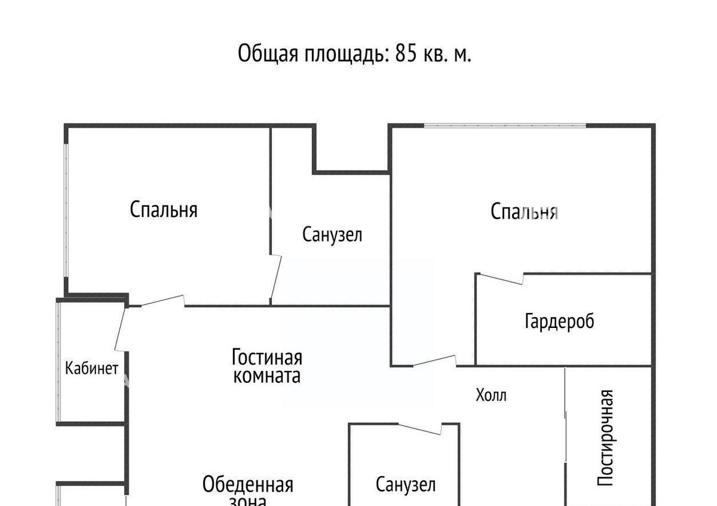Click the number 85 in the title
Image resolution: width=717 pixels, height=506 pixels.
pyautogui.click(x=406, y=53)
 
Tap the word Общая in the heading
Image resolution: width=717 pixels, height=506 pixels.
pyautogui.click(x=268, y=54)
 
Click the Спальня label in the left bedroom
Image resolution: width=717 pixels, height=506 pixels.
pyautogui.click(x=164, y=210)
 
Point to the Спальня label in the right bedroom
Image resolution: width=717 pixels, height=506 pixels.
pyautogui.click(x=525, y=211)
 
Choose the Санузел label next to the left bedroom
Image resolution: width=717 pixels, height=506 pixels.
pyautogui.click(x=332, y=235)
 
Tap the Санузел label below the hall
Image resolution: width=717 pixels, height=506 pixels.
pyautogui.click(x=406, y=484)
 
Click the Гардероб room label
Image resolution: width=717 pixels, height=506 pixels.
pyautogui.click(x=559, y=321)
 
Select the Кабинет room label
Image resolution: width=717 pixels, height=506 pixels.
pyautogui.click(x=91, y=368)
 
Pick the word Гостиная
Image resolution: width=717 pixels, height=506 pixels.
pyautogui.click(x=267, y=357)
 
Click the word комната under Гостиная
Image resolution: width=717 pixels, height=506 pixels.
pyautogui.click(x=267, y=376)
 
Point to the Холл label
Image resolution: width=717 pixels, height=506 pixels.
pyautogui.click(x=491, y=395)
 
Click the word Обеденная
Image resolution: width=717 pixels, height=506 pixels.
pyautogui.click(x=248, y=485)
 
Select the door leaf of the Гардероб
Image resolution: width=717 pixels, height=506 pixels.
pyautogui.click(x=501, y=279)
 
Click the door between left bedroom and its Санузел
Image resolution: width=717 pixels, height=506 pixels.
pyautogui.click(x=276, y=277)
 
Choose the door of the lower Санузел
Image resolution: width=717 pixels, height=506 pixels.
pyautogui.click(x=420, y=429)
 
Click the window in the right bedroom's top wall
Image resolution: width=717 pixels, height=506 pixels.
pyautogui.click(x=505, y=125)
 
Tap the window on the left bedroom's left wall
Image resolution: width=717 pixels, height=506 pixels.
pyautogui.click(x=66, y=210)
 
